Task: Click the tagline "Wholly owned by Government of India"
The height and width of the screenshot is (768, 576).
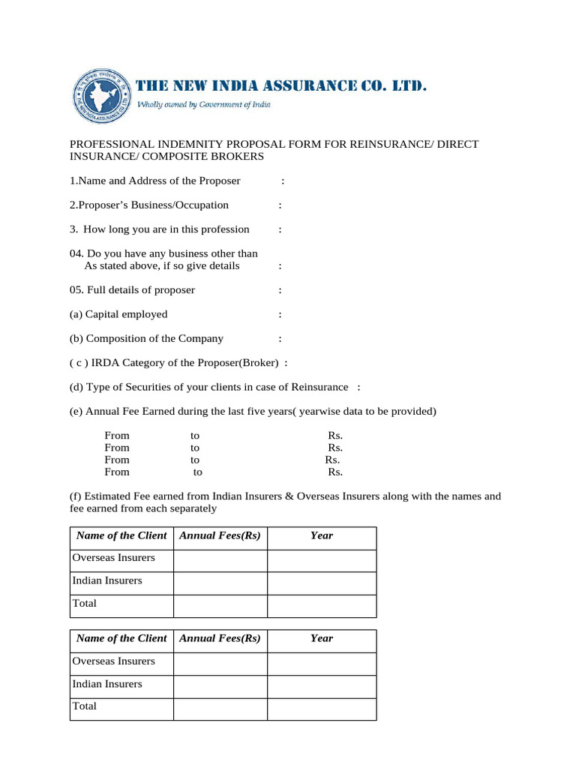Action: [203, 105]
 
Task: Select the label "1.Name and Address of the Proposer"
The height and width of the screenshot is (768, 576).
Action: [155, 181]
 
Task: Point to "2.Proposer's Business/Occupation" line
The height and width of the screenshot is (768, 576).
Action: [149, 205]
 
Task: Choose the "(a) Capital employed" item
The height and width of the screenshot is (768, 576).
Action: [118, 314]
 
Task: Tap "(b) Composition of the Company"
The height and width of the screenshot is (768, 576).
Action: [146, 338]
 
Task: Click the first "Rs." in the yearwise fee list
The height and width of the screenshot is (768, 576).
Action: [335, 435]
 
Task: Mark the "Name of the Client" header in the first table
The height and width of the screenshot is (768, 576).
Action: [121, 535]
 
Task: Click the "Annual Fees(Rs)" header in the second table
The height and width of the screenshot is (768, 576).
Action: [220, 638]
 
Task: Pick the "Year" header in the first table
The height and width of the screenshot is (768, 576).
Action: [322, 535]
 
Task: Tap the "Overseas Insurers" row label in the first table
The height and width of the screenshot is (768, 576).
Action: [114, 558]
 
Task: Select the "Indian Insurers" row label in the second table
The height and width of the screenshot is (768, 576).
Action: [107, 684]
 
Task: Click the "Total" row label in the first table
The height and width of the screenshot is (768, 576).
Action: [85, 603]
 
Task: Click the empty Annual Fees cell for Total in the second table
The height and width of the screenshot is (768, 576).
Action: [220, 709]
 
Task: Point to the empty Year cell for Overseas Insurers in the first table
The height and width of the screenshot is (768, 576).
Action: [322, 560]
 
